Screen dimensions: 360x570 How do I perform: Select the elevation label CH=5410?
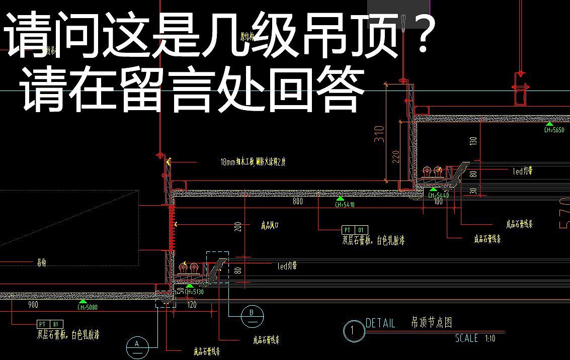pos(345,205)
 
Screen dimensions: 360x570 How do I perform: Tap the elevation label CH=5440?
pos(439,195)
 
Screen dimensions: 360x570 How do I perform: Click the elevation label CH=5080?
pos(88,307)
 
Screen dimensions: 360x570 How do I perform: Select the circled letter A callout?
pos(136,345)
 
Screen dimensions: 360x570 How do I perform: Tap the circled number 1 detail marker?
pos(354,331)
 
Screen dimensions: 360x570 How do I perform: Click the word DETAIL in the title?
pos(380,323)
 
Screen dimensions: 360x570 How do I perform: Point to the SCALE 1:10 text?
pos(475,338)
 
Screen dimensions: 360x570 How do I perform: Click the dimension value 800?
pos(297,202)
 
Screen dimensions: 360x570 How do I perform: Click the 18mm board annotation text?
pos(253,162)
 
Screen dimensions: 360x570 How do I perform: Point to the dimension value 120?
pos(192,305)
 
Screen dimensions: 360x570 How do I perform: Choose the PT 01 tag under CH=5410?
pos(355,230)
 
